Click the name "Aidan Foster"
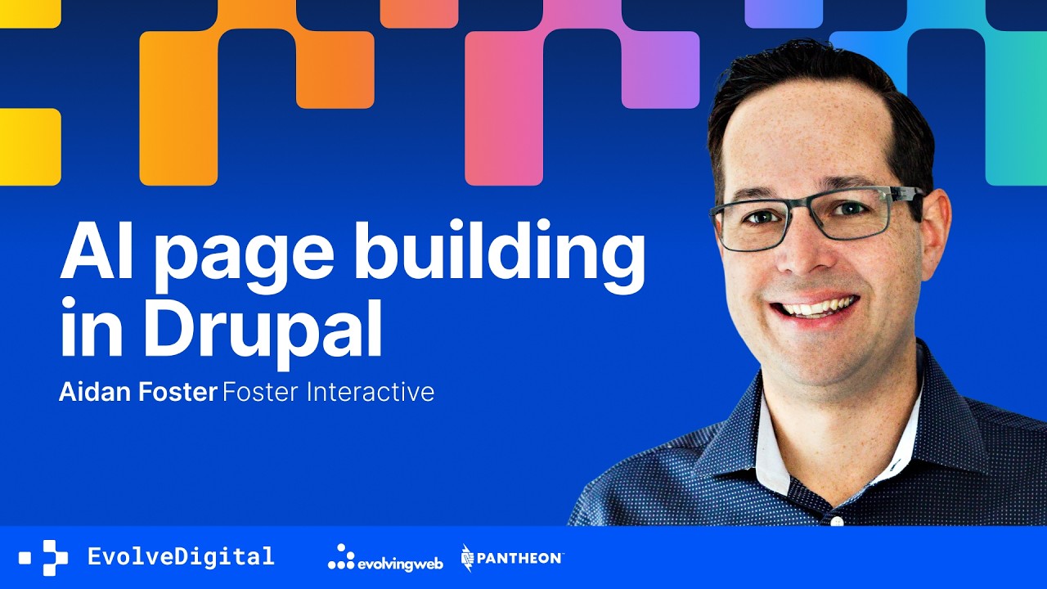(137, 392)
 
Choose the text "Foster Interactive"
(328, 392)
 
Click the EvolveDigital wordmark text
(181, 557)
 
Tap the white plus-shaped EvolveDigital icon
(48, 558)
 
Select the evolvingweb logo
(384, 558)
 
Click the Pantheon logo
(512, 557)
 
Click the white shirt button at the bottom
(836, 520)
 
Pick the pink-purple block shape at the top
(573, 82)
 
